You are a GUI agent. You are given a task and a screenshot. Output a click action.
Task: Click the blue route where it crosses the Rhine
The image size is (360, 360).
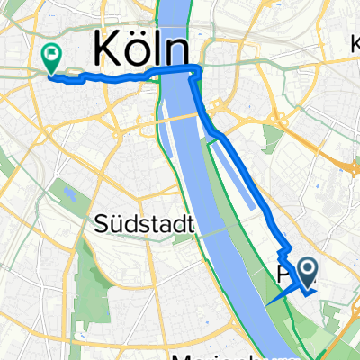point(178,71)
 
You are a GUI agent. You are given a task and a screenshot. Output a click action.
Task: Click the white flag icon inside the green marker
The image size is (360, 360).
point(51,54)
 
